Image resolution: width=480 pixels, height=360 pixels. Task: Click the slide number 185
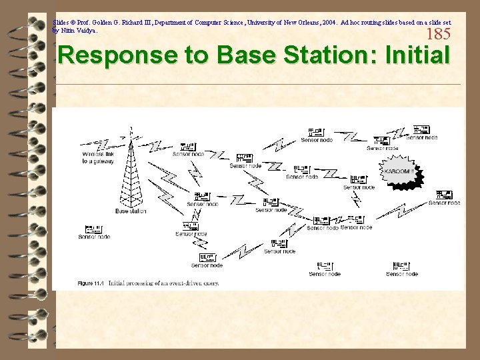point(438,34)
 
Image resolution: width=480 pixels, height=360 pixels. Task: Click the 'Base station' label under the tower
point(131,211)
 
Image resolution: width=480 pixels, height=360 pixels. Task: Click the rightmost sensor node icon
point(444,195)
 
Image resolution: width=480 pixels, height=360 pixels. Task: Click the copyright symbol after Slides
point(73,22)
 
